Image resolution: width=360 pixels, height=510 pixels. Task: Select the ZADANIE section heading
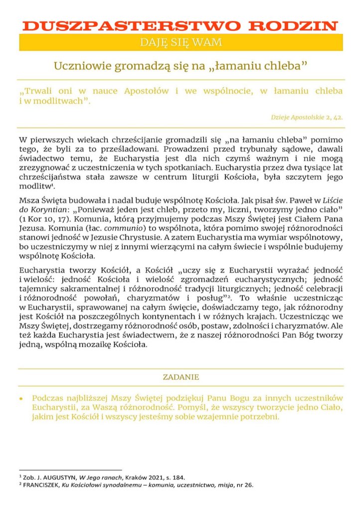(181, 377)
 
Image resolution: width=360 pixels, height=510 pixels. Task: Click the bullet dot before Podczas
(21, 399)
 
